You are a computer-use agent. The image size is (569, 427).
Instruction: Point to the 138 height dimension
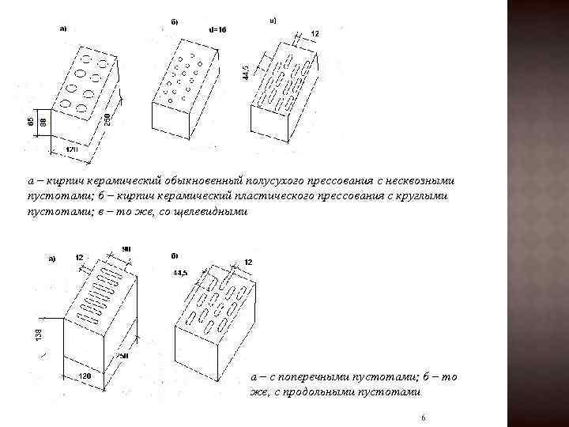point(40,336)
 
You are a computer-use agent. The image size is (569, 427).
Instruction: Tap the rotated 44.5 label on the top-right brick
point(247,71)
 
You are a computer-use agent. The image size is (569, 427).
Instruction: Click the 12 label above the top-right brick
point(315,34)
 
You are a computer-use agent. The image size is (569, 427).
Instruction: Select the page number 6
point(424,417)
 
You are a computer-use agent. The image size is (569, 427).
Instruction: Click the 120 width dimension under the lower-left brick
point(85,376)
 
